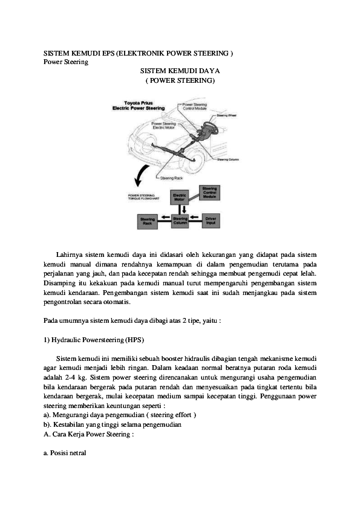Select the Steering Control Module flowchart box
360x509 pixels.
(x=209, y=193)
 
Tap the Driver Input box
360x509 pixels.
(x=210, y=221)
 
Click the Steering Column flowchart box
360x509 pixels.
(x=180, y=221)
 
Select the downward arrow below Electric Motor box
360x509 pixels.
(x=180, y=209)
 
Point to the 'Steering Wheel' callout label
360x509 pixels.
(x=227, y=114)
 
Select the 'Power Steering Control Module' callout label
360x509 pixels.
(x=195, y=106)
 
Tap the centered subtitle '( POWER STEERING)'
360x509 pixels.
(x=179, y=80)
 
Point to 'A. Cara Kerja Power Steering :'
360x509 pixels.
(x=88, y=433)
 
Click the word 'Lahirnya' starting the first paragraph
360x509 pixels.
(x=70, y=254)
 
